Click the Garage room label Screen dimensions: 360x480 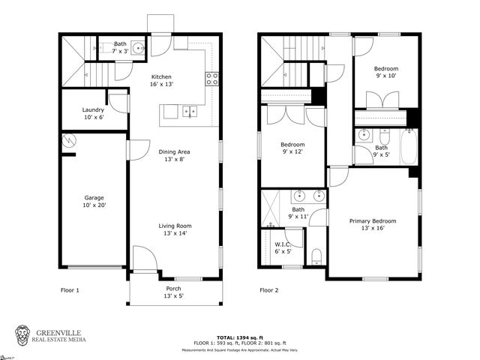(94, 202)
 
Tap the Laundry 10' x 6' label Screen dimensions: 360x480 (94, 113)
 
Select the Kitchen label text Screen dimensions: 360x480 (161, 81)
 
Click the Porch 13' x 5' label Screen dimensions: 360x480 (173, 292)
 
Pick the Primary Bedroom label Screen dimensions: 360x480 (373, 225)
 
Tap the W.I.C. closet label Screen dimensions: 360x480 (283, 247)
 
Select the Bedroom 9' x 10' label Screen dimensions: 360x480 (385, 72)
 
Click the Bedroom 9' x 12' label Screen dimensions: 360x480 (292, 148)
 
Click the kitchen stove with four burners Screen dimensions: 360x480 (211, 76)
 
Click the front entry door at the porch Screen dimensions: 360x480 (144, 259)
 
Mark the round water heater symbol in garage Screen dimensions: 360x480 (69, 140)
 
